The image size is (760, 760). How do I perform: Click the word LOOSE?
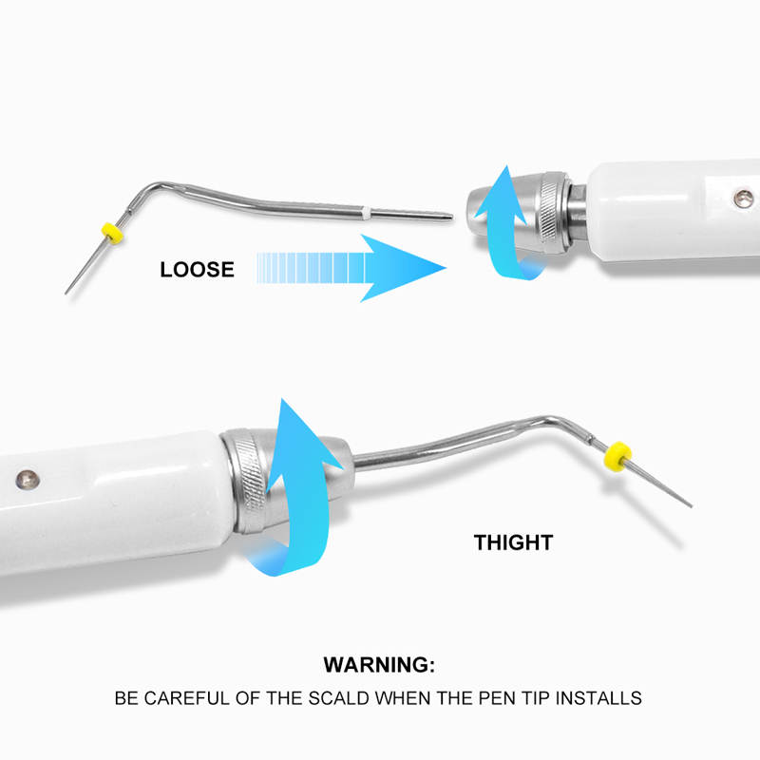pos(197,269)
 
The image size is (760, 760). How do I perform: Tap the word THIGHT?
pos(513,543)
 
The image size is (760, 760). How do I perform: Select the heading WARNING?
pos(379,664)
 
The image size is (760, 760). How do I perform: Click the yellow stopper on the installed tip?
pos(619,454)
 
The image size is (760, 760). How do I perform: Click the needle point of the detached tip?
pos(67,290)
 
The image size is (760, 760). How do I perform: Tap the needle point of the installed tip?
pos(690,504)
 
